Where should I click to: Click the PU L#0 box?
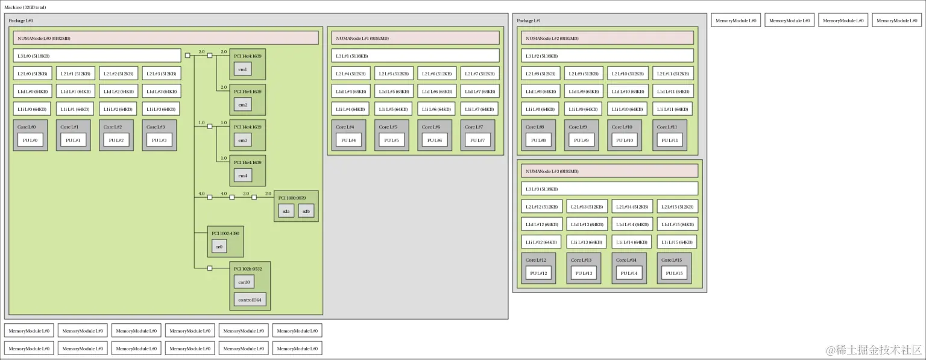30,141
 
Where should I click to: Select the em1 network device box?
243,69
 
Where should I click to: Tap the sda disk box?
286,211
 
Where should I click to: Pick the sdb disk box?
306,211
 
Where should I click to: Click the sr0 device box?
219,247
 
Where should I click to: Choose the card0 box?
244,282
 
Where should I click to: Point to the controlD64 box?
250,300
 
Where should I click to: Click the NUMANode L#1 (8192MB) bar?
415,38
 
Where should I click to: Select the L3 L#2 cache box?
607,55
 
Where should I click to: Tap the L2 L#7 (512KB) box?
480,74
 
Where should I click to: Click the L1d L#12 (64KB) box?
541,224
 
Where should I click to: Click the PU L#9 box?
581,141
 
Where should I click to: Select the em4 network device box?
243,175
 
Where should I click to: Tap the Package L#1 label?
529,21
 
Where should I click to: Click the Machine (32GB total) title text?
25,7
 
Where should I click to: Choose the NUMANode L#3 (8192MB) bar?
609,171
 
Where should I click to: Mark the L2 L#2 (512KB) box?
118,74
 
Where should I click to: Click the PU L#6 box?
435,141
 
